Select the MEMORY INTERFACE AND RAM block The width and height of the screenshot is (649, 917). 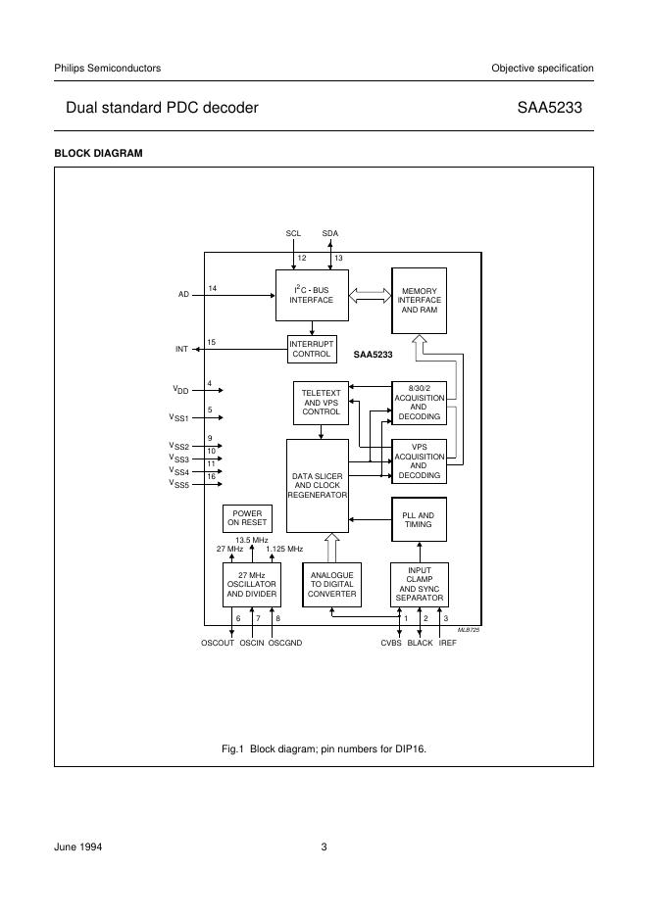(x=419, y=300)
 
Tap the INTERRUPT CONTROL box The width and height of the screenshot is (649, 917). (x=312, y=349)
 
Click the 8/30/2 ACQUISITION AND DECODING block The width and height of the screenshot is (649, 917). (x=419, y=403)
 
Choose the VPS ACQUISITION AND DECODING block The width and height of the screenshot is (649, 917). (x=419, y=461)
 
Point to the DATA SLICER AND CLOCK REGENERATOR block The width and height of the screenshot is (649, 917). (x=318, y=486)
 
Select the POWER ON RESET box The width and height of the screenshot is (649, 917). (x=247, y=517)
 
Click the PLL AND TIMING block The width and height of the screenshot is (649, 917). (x=419, y=519)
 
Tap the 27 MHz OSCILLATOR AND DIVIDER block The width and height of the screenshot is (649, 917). (x=252, y=585)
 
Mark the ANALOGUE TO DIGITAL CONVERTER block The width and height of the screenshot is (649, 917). (x=331, y=585)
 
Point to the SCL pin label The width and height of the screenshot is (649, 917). (x=293, y=233)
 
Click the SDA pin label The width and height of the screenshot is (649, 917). (x=330, y=233)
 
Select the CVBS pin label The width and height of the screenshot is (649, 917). (x=392, y=643)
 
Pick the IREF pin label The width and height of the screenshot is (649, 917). (x=448, y=643)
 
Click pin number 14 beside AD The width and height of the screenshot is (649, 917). (x=213, y=287)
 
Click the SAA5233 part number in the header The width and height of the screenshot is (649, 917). (x=556, y=108)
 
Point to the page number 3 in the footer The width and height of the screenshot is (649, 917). (x=324, y=847)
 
